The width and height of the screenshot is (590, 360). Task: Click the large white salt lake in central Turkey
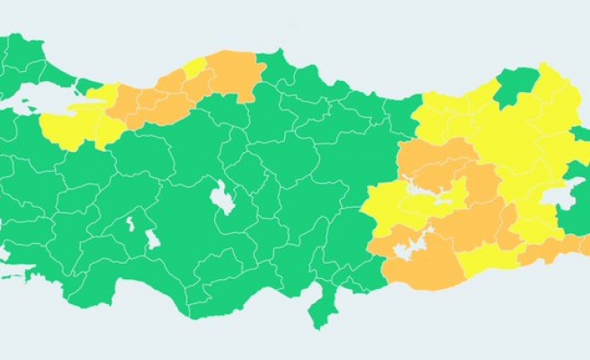pos(221,197)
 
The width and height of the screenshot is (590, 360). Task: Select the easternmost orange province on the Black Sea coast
pos(238,76)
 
